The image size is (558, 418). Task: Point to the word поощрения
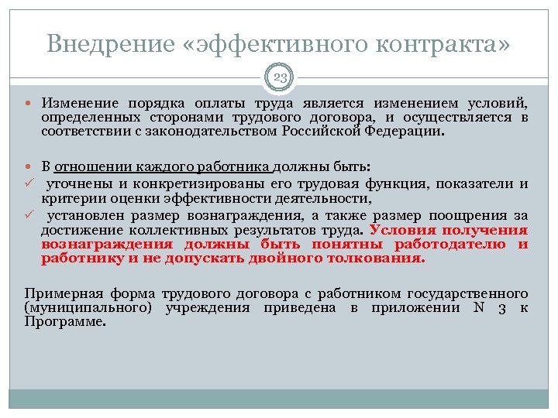[x=470, y=216]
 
